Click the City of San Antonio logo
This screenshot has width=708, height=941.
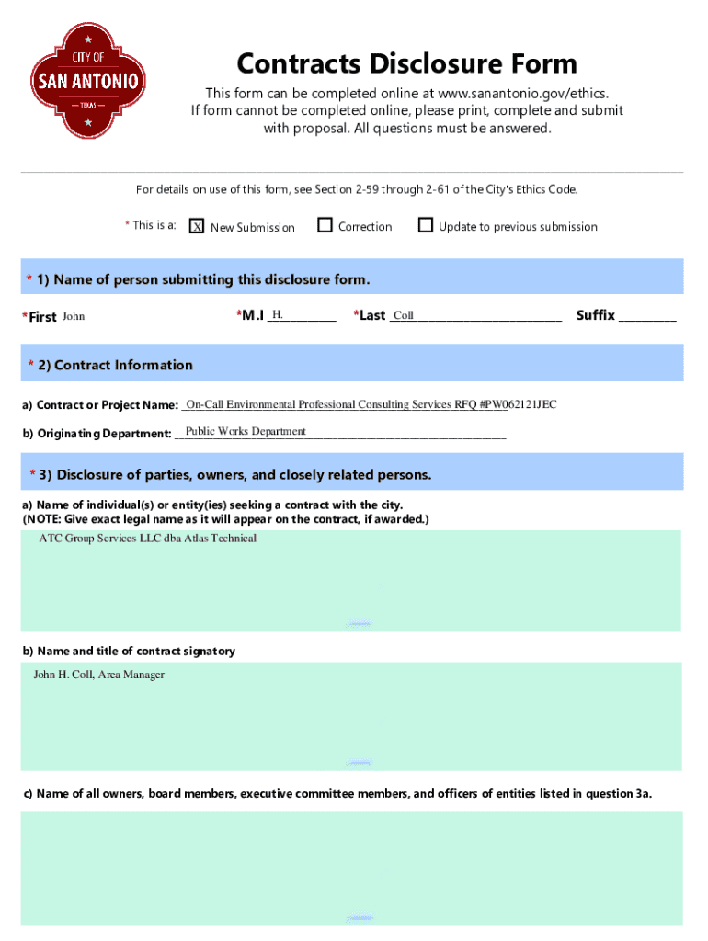88,81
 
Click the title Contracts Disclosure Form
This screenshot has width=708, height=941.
406,63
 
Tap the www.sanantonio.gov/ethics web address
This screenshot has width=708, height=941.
522,93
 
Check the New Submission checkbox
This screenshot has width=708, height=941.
196,226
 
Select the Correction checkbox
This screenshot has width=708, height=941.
324,225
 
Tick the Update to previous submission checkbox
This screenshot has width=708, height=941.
425,225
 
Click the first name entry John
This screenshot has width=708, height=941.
74,316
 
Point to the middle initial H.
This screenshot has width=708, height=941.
278,315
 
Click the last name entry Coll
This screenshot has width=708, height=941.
404,315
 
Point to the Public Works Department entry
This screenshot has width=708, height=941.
246,431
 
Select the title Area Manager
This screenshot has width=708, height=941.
131,675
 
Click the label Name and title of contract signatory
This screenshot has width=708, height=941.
129,651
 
